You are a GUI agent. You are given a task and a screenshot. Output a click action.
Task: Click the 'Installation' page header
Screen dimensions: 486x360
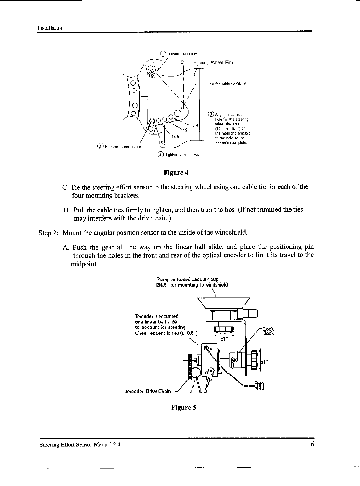point(50,28)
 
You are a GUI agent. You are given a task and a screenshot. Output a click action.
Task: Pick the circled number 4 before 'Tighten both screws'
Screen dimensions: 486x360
point(161,154)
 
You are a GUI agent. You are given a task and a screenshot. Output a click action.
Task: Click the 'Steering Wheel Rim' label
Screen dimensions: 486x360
point(213,63)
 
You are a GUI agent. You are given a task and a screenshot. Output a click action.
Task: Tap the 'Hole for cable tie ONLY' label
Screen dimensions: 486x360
point(227,84)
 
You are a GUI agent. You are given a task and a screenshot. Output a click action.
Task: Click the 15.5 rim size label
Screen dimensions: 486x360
point(175,136)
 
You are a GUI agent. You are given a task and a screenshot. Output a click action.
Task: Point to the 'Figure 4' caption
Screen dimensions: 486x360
point(176,173)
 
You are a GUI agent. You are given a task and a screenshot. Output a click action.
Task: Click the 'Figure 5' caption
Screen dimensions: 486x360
point(184,408)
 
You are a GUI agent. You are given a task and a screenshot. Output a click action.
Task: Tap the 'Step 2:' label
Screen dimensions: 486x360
point(49,233)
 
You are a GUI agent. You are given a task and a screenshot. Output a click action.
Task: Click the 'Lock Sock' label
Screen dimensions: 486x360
point(268,331)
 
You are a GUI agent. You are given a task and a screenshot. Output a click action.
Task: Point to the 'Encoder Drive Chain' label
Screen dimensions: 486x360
point(148,392)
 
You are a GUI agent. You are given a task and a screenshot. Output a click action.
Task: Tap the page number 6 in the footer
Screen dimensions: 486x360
point(312,445)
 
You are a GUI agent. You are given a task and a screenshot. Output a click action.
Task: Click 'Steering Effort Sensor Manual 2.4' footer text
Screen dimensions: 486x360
point(80,445)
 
